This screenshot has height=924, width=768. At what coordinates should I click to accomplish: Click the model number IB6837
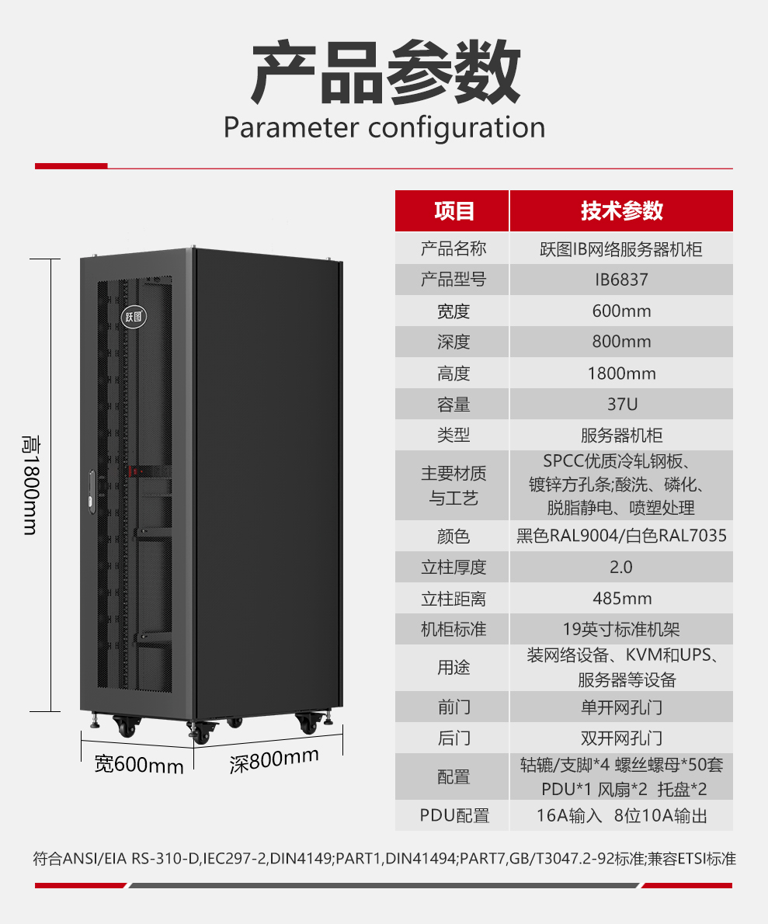pos(621,280)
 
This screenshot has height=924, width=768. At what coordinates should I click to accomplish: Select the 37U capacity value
pos(623,405)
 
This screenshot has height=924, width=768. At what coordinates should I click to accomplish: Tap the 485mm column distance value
pos(622,599)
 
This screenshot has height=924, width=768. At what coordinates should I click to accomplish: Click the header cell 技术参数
pos(622,211)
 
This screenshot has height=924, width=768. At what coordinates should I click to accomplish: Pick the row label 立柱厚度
pos(454,568)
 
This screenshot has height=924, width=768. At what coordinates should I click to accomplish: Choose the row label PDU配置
pos(454,815)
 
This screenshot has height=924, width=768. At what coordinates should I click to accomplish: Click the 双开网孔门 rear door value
pos(622,738)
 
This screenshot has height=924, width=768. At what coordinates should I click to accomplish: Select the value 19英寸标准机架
pos(621,630)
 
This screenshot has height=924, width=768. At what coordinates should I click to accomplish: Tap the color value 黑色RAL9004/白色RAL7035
pos(621,536)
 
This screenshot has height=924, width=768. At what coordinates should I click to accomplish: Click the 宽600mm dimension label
pos(139,765)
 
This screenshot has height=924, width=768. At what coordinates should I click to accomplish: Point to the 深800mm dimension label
pos(274,761)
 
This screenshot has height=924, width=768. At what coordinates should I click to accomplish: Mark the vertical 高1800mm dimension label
pos(30,485)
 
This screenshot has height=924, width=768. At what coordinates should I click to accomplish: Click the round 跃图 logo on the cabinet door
pos(134,317)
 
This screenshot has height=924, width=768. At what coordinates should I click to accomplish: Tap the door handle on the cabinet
pos(92,491)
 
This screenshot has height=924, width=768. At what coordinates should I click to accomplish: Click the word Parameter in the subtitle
pos(291,128)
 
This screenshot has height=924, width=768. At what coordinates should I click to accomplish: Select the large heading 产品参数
pos(386,72)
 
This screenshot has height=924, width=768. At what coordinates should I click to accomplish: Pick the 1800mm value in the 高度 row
pos(622,373)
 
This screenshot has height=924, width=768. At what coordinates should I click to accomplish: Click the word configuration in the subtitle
pos(457,128)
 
